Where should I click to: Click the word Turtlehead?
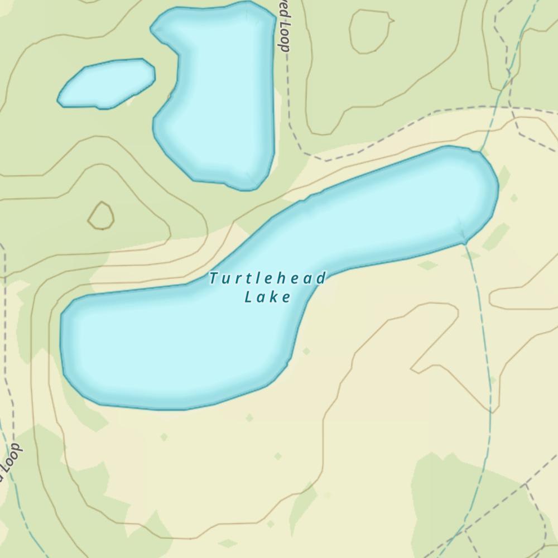click(267, 278)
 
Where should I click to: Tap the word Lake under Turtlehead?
click(268, 296)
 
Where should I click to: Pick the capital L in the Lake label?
click(248, 296)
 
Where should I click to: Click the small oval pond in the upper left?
click(106, 84)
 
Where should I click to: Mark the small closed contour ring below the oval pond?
click(101, 215)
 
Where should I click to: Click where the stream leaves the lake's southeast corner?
click(464, 244)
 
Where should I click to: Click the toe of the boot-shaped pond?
click(162, 128)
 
